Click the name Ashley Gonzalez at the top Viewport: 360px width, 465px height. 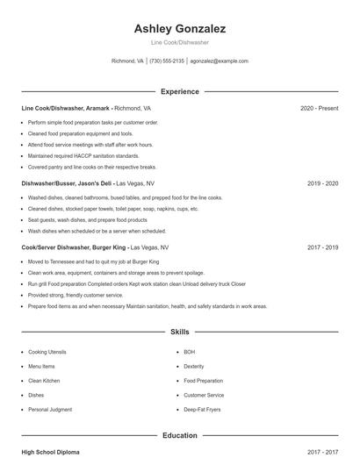tap(179, 28)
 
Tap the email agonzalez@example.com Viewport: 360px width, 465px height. tap(220, 61)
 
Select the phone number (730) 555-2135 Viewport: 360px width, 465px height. tap(167, 61)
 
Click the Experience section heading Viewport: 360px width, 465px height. tap(179, 91)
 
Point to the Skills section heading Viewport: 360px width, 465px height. tap(179, 333)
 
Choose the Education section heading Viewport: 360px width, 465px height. tap(179, 435)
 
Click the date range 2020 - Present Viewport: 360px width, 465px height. tap(319, 108)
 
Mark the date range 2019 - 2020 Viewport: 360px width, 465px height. tap(322, 184)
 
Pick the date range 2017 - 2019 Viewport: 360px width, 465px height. tap(322, 247)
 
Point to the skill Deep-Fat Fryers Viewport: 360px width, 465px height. tap(203, 409)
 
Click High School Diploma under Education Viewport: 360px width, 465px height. tap(50, 452)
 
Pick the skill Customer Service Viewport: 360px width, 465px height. tap(204, 395)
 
